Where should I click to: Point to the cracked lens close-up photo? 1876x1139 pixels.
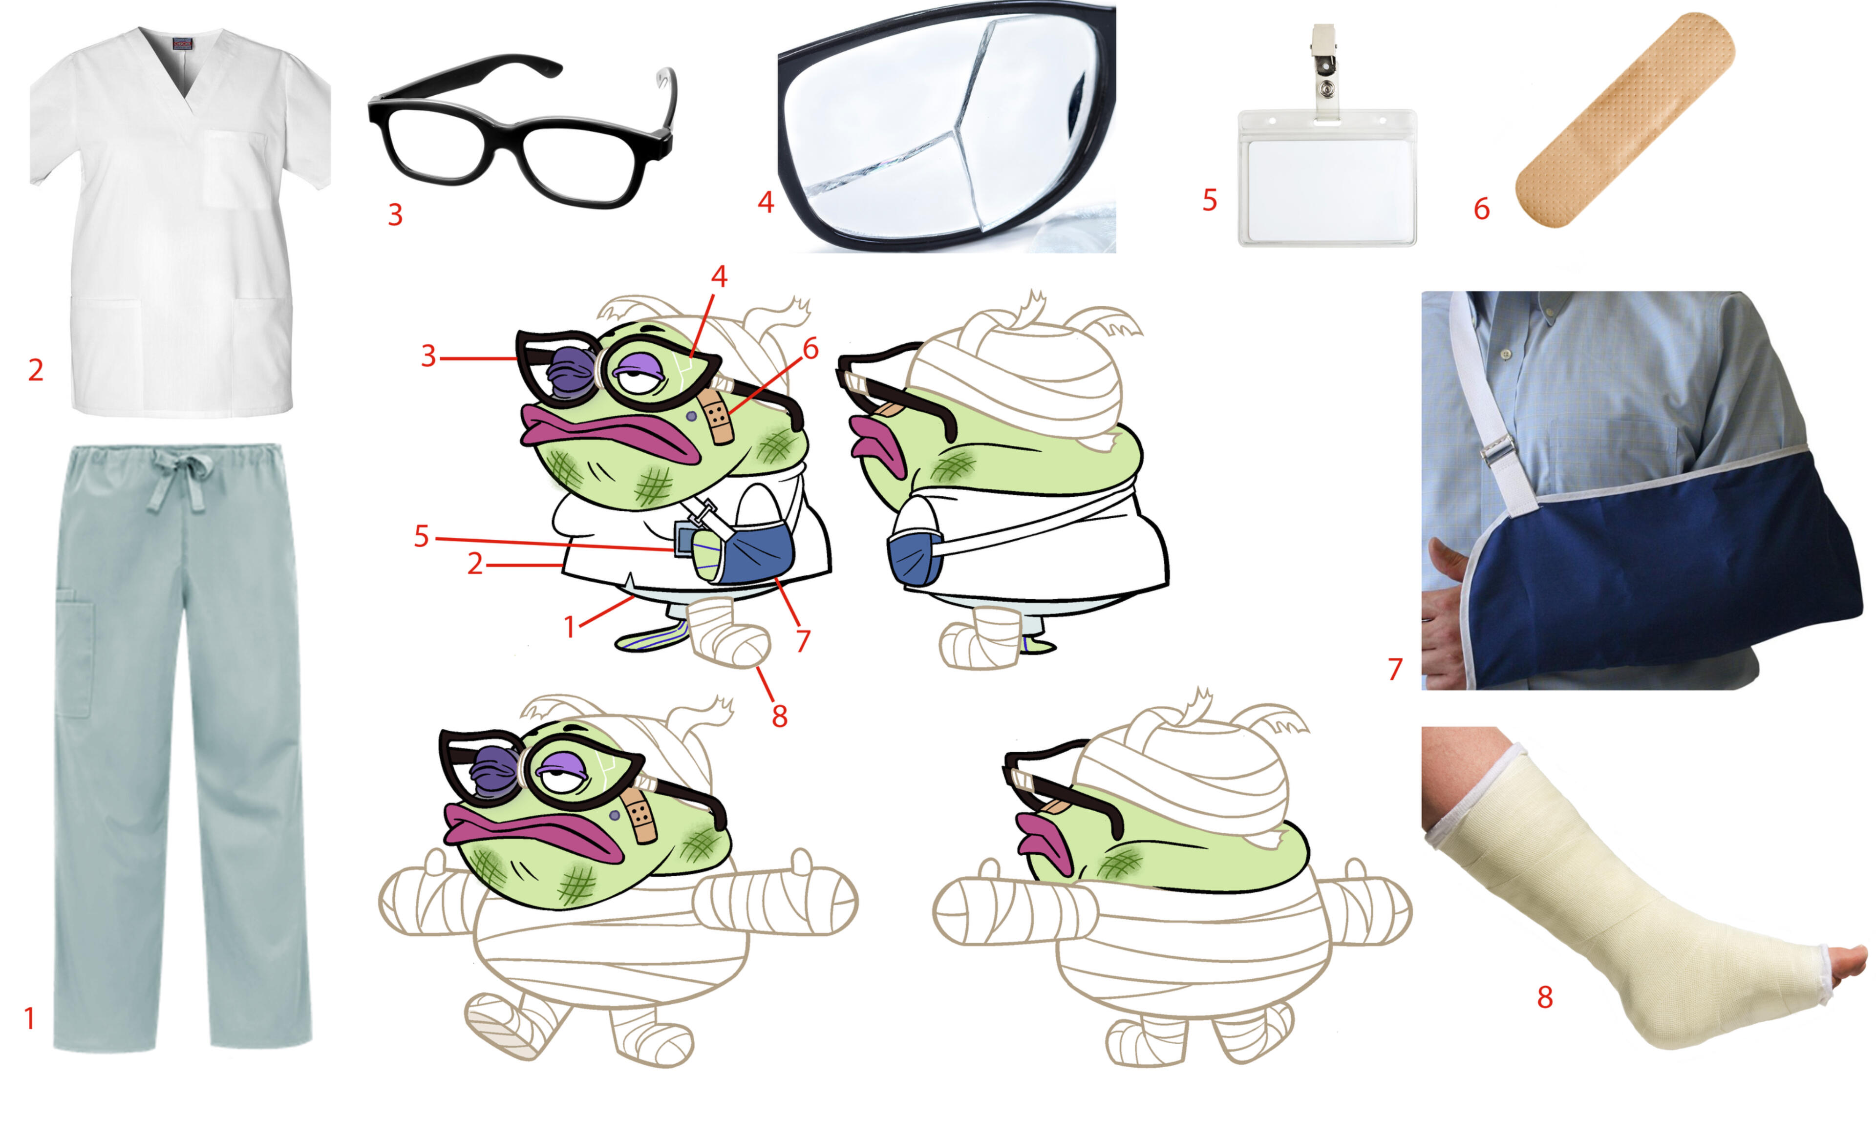pyautogui.click(x=946, y=129)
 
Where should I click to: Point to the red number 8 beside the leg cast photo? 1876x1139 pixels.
pyautogui.click(x=1545, y=996)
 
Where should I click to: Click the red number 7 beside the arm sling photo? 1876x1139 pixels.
pyautogui.click(x=1395, y=669)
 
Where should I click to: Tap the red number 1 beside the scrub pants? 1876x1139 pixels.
pyautogui.click(x=30, y=1018)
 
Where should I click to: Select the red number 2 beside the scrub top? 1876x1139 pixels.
pyautogui.click(x=36, y=370)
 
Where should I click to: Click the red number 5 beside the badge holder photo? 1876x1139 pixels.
pyautogui.click(x=1210, y=200)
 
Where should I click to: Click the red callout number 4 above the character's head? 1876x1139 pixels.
pyautogui.click(x=719, y=276)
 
